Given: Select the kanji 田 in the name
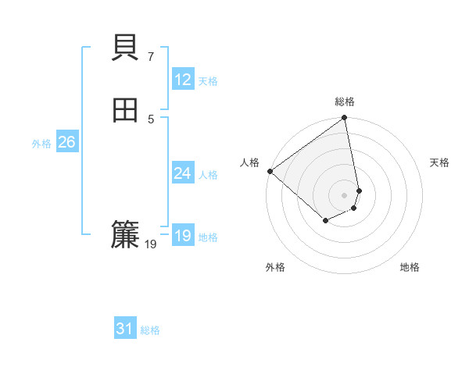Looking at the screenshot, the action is click(x=125, y=111).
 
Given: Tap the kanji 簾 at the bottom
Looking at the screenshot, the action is click(x=125, y=235).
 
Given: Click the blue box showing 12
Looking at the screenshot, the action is click(x=183, y=80).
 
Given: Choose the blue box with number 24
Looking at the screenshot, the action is click(x=183, y=173).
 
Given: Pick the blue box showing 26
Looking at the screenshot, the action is click(x=66, y=142).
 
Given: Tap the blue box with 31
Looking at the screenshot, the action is click(x=125, y=330).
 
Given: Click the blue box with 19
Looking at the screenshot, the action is click(x=183, y=236).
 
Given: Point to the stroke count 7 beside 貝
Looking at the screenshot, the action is click(x=150, y=56).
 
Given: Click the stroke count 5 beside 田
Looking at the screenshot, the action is click(x=150, y=119).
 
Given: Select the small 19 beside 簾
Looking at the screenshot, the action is click(x=151, y=244).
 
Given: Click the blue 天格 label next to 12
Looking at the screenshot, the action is click(x=208, y=81).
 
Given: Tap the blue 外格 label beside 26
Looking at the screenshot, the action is click(x=41, y=144).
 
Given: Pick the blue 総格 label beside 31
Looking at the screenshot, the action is click(x=150, y=331).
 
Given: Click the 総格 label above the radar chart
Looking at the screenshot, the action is click(x=345, y=102).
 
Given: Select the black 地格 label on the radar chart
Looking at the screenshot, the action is click(x=410, y=268).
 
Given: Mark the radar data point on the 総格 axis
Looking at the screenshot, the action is click(x=345, y=119).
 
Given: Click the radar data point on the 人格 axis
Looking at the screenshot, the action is click(x=270, y=171).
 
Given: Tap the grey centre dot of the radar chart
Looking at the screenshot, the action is click(x=345, y=194).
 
